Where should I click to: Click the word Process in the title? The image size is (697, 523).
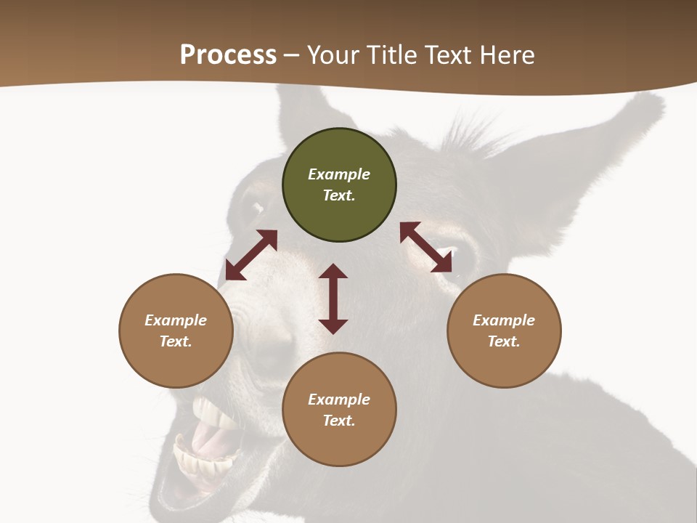pyautogui.click(x=228, y=55)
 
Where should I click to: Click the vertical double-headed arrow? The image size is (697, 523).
pyautogui.click(x=333, y=299)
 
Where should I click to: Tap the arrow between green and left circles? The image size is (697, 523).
pyautogui.click(x=251, y=255)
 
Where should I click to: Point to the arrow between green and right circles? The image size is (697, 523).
pyautogui.click(x=426, y=247)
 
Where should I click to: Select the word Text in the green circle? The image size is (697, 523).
pyautogui.click(x=339, y=195)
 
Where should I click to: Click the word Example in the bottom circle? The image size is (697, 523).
pyautogui.click(x=339, y=400)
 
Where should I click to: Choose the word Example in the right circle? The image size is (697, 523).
pyautogui.click(x=504, y=320)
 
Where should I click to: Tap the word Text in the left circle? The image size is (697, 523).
pyautogui.click(x=176, y=341)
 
